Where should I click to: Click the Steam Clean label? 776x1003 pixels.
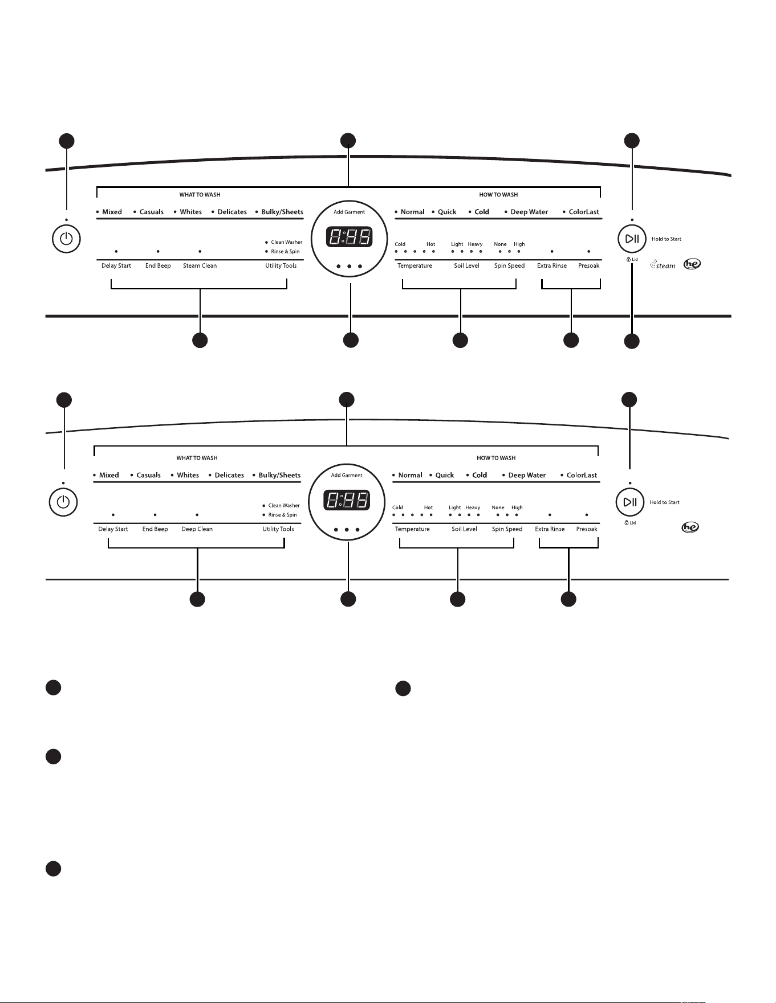[x=200, y=266]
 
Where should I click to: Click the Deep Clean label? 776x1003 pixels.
[x=197, y=529]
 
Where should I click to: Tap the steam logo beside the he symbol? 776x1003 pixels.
[x=663, y=265]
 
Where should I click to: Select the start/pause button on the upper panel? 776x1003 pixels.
[x=632, y=239]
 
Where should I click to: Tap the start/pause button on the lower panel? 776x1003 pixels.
[x=629, y=502]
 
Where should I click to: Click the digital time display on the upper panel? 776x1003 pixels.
[x=350, y=237]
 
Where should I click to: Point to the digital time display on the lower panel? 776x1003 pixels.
[x=347, y=501]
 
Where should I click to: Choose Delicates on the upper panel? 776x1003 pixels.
[x=232, y=212]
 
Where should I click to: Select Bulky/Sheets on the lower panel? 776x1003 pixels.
[x=279, y=475]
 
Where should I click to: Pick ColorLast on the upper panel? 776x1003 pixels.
[x=584, y=212]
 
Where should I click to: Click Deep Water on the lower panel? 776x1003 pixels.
[x=527, y=475]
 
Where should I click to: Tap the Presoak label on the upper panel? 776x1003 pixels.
[x=589, y=266]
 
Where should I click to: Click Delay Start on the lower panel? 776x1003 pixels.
[x=113, y=529]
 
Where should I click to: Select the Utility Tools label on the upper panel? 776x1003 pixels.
[x=281, y=266]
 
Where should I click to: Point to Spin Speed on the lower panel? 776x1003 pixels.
[x=507, y=529]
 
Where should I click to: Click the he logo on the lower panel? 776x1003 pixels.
[x=690, y=527]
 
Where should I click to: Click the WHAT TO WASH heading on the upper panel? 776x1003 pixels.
[x=200, y=195]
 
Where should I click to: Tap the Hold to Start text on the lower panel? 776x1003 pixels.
[x=664, y=502]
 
